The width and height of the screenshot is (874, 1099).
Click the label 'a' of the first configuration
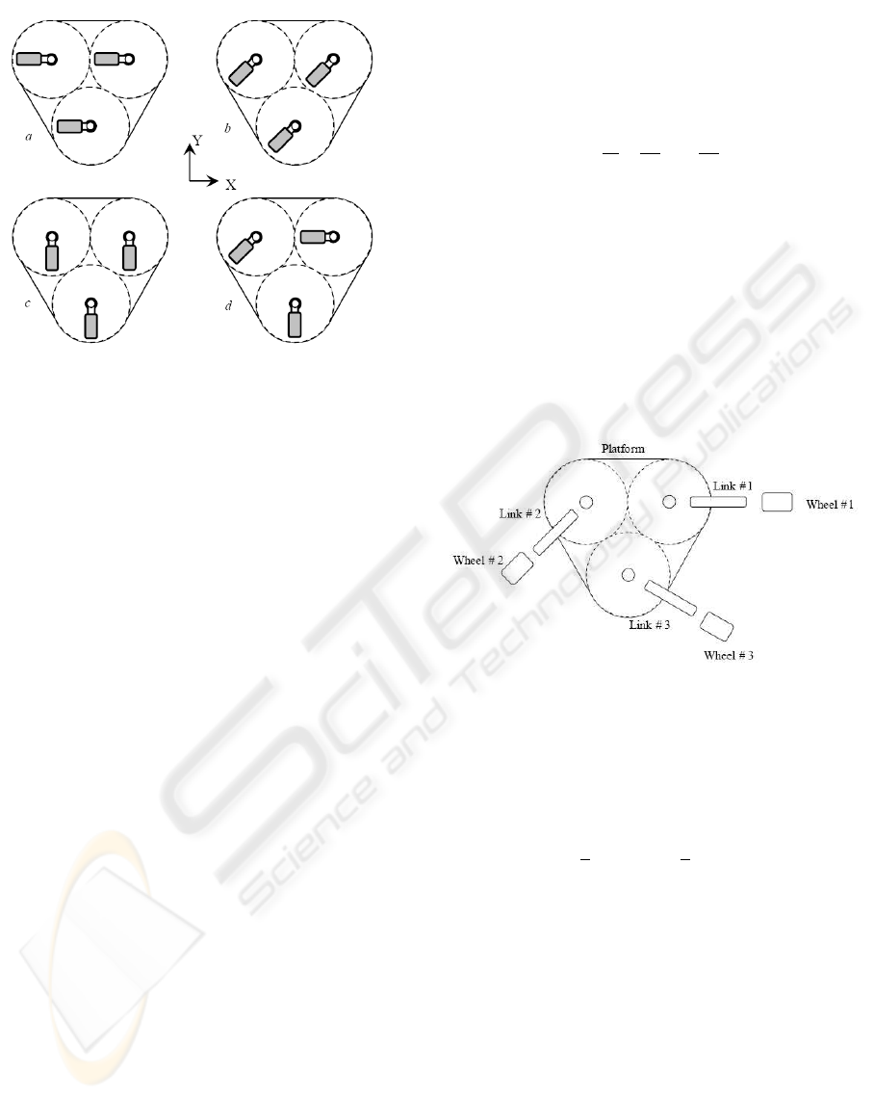[29, 139]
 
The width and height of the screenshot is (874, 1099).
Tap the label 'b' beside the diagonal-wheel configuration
[227, 127]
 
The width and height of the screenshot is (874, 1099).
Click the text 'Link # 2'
[519, 513]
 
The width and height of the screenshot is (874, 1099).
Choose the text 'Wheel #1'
[831, 504]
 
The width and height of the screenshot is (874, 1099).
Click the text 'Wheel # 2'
[477, 560]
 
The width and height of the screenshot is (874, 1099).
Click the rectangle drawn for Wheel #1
[777, 502]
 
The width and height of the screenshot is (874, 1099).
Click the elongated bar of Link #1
[718, 502]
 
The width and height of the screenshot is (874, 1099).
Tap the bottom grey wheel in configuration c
[91, 325]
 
